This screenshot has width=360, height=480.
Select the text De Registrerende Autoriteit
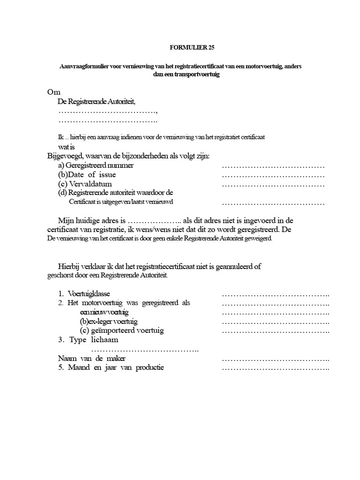click(98, 101)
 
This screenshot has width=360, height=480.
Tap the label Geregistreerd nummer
click(96, 165)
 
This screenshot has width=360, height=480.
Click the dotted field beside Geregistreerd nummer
click(273, 166)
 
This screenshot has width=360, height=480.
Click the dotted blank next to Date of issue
click(273, 176)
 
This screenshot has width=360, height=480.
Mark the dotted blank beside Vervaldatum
click(273, 185)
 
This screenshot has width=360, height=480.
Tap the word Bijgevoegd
click(64, 156)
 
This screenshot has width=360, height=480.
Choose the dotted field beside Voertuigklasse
click(276, 294)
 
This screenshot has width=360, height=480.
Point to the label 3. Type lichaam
click(89, 340)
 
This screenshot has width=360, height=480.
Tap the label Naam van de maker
click(88, 359)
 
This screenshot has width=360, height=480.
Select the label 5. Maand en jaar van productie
click(111, 367)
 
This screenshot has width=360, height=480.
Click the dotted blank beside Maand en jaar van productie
click(276, 368)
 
